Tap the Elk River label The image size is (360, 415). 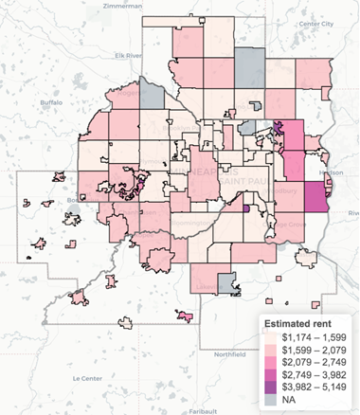tap(127, 55)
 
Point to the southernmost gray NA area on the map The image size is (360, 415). tap(226, 280)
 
